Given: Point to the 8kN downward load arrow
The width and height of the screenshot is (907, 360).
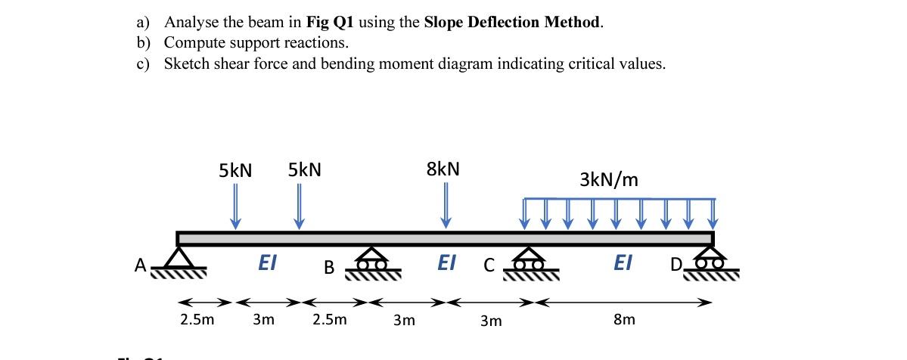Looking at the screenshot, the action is [446, 204].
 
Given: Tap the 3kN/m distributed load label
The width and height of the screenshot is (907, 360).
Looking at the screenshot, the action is [609, 180].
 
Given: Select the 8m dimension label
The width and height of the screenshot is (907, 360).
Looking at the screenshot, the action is [624, 320].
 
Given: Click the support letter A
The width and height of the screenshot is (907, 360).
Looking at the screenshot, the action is [139, 265].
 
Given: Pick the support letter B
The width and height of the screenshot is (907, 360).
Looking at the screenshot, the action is [329, 267].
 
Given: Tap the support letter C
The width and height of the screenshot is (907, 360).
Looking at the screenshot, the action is [489, 266].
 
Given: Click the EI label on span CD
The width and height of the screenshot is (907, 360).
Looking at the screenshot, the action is [623, 262].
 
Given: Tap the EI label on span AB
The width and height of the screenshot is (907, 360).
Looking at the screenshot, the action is [267, 262].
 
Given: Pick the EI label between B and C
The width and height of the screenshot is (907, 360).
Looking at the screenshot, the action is [447, 262].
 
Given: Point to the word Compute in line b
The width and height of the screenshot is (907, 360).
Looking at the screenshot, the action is [194, 42].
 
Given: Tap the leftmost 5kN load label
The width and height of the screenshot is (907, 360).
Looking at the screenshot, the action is [235, 170].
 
